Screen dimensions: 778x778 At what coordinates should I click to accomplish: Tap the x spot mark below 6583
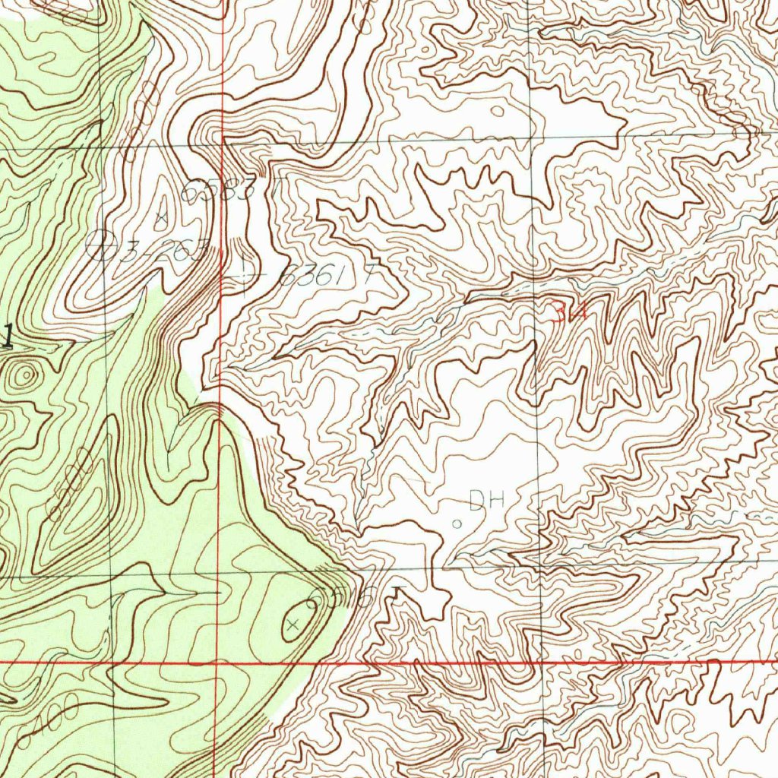[x=160, y=218]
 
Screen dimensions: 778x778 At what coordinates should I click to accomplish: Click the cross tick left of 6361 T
[x=245, y=273]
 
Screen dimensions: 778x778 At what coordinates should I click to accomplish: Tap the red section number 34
[x=569, y=312]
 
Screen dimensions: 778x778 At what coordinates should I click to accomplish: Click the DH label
[x=487, y=500]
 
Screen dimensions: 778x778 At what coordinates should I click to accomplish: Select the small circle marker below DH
[x=457, y=523]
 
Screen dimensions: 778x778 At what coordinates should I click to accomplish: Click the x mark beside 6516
[x=293, y=625]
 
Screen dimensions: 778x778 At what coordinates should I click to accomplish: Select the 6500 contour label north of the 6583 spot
[x=141, y=122]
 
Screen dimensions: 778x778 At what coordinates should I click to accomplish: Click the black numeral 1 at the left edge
[x=8, y=335]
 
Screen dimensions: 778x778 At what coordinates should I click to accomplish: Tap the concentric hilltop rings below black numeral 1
[x=25, y=374]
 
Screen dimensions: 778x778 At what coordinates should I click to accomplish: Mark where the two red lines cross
[x=218, y=663]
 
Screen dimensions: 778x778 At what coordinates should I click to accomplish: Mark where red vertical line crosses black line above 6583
[x=222, y=141]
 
